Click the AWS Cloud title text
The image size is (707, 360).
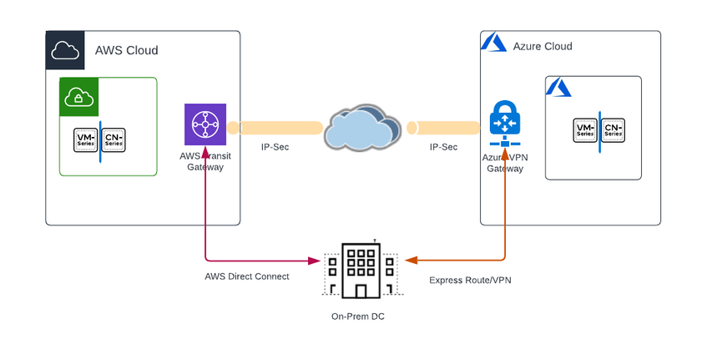(x=127, y=50)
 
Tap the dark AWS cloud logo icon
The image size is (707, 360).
(x=65, y=50)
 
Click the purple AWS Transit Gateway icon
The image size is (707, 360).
(x=205, y=124)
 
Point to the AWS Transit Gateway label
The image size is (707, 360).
(x=205, y=162)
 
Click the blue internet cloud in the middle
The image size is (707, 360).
(x=361, y=128)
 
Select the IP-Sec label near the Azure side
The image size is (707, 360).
(x=443, y=147)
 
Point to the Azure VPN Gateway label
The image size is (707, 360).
(x=505, y=162)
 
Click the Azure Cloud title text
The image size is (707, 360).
(x=543, y=46)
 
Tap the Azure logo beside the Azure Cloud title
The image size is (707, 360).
(x=494, y=44)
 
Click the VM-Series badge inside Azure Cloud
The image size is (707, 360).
(x=585, y=129)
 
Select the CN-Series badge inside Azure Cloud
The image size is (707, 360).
(x=613, y=129)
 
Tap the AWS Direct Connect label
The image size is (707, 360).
(x=247, y=276)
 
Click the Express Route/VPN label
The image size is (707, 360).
(x=470, y=281)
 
